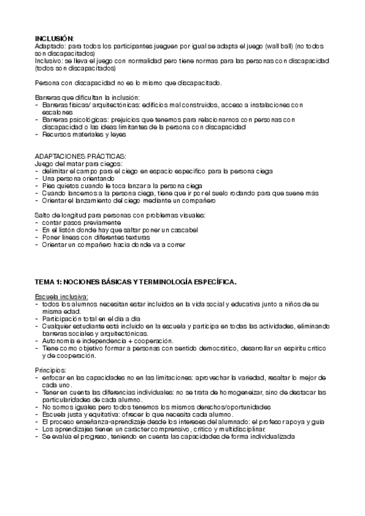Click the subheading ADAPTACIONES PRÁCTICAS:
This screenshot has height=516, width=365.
[80, 156]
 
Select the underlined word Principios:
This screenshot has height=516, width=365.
[51, 370]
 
